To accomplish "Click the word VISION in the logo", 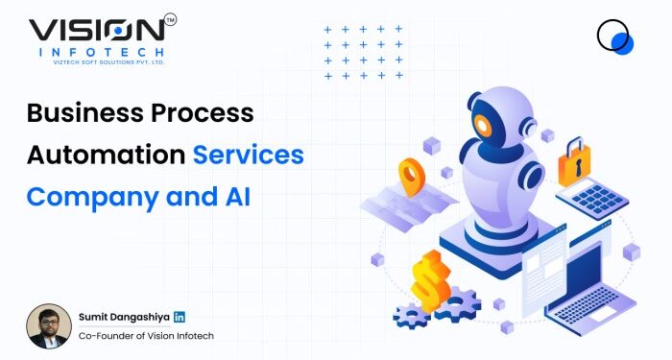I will (x=96, y=30).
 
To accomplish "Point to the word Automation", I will (x=106, y=155).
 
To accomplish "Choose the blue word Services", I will (x=249, y=155).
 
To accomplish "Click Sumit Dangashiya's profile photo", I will (x=48, y=325).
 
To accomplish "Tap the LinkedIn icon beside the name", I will (x=180, y=317).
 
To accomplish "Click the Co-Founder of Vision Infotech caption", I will (x=146, y=335).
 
